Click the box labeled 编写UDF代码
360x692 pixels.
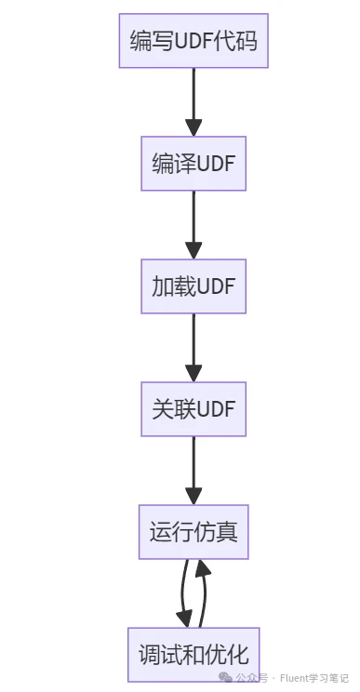pos(193,41)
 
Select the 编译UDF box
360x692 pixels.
pos(193,164)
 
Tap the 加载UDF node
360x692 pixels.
pos(193,286)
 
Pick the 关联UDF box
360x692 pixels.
pos(193,409)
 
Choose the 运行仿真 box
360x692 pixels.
pos(193,532)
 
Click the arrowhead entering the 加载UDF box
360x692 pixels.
pos(193,250)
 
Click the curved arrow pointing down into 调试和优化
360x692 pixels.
pos(183,595)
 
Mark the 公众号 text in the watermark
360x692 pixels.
pos(251,679)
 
